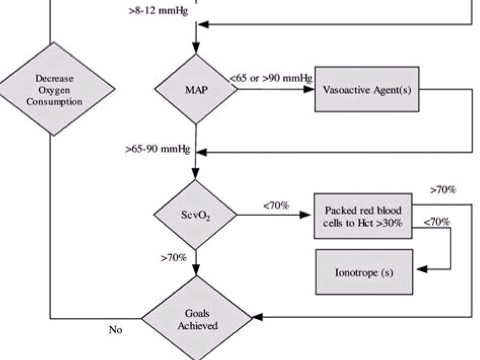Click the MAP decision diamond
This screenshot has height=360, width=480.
point(196,89)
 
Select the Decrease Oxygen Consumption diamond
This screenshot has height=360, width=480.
point(54,89)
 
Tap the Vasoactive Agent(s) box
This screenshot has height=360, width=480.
point(367,89)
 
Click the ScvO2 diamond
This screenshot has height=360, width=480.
point(196,215)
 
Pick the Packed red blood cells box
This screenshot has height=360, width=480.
point(363,216)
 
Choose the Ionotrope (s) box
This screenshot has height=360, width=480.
point(364,272)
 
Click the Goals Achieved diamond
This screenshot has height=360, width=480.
point(197,319)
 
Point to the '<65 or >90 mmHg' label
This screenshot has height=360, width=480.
point(271,78)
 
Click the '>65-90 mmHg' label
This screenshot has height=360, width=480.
point(158,149)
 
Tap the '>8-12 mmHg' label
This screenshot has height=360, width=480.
point(158,11)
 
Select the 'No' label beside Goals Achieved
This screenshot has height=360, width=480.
point(115,330)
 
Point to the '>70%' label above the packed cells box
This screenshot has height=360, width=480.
point(443,190)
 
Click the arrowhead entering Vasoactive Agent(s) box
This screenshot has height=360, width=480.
point(309,89)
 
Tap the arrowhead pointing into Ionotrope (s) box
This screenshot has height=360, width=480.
point(420,270)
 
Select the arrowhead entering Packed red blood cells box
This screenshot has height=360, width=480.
point(306,215)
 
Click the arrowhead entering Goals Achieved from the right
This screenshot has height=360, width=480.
point(257,317)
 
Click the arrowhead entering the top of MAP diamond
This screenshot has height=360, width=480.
point(196,49)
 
